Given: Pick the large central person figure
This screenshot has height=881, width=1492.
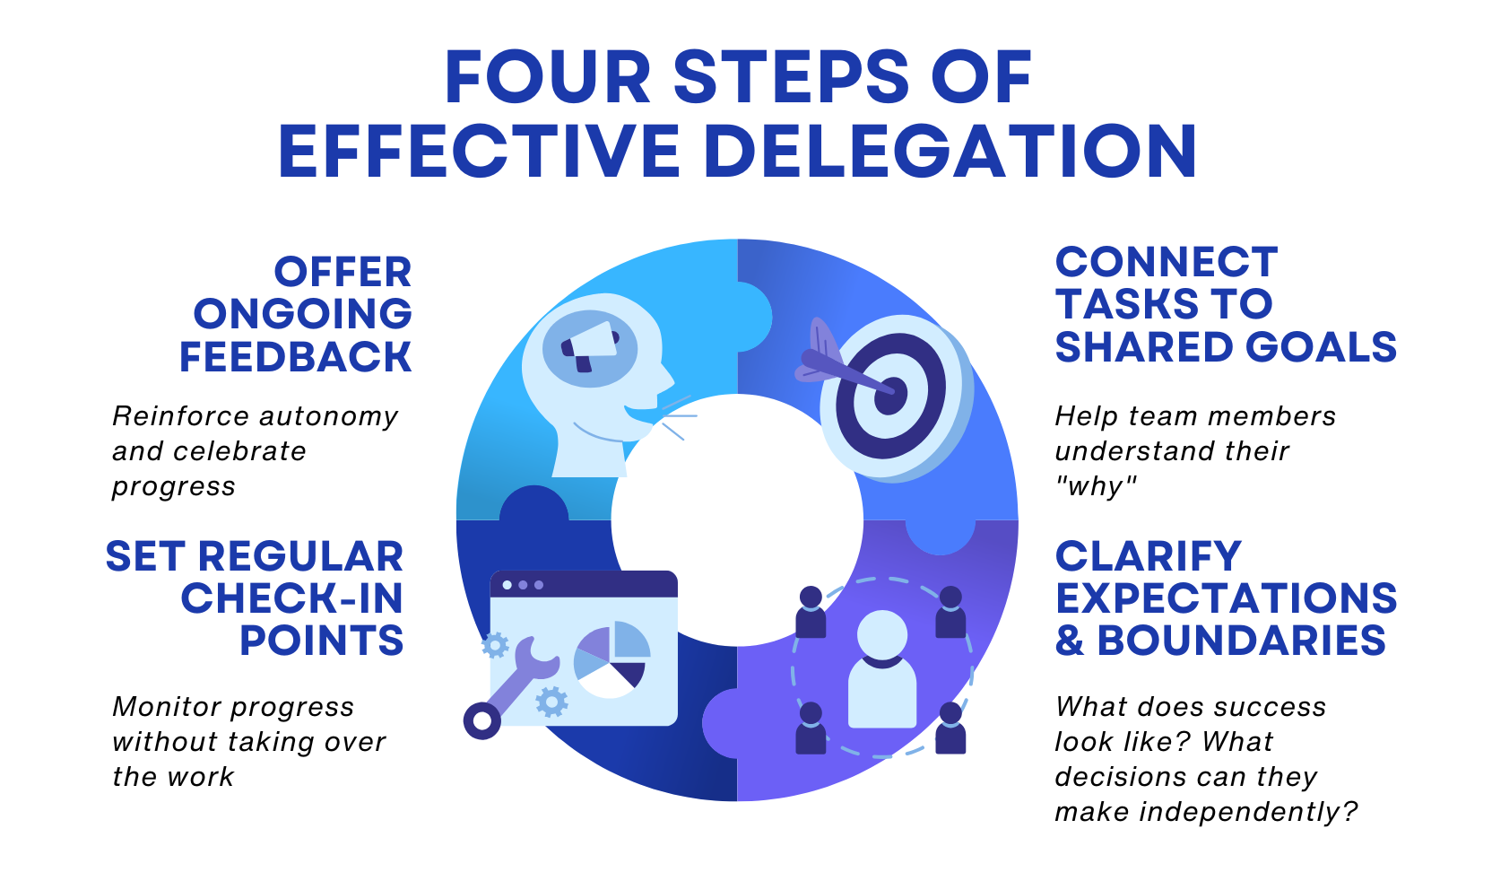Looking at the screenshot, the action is coord(882,669).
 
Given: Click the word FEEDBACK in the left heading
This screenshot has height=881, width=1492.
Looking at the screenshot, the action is coord(295,357).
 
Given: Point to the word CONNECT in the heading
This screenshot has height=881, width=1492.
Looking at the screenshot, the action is coord(1166,263).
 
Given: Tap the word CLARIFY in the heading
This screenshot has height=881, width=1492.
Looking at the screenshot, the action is coord(1148,557).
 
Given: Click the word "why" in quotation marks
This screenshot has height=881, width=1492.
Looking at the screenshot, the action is coord(1096,486).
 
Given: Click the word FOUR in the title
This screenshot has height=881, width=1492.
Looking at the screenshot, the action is coord(548,78).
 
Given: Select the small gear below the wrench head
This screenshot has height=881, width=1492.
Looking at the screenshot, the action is coord(551,702).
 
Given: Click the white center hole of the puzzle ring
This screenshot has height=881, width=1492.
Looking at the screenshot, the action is coord(737,520).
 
